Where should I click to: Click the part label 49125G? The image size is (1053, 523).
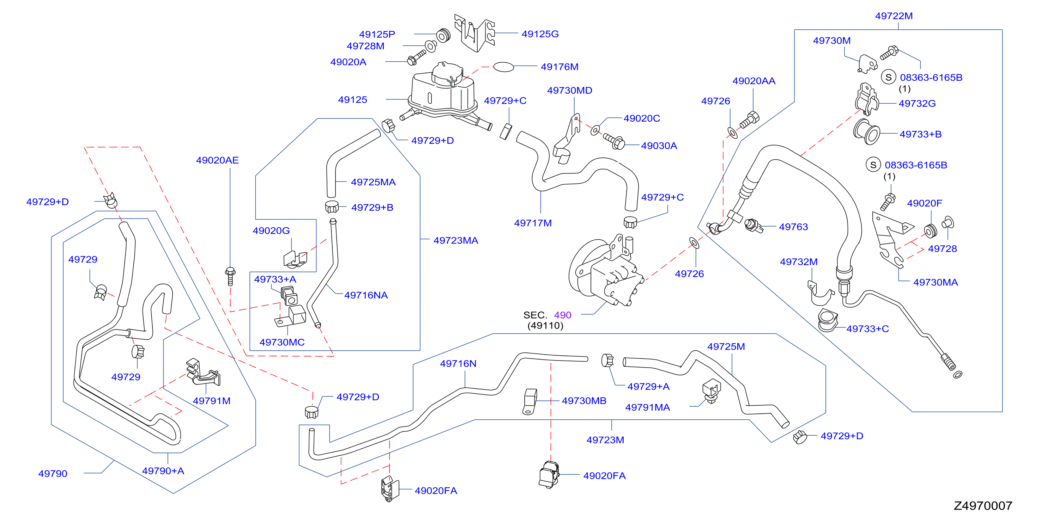[x=540, y=34]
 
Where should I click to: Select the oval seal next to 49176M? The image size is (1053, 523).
[x=504, y=67]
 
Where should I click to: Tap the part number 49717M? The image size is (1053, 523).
[x=533, y=223]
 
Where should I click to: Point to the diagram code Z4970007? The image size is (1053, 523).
[x=983, y=506]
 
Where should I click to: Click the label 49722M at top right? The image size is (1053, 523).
[x=894, y=16]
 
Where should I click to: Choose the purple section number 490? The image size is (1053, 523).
[x=562, y=315]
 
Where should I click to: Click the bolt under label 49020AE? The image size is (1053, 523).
[x=230, y=276]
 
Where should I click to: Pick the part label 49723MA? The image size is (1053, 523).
[x=456, y=240]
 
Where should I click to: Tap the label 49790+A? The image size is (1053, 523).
[x=163, y=471]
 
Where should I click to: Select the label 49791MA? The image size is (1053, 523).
[x=647, y=407]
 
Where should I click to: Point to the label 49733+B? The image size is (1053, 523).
[x=921, y=134]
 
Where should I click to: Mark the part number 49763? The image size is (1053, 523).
[x=793, y=227]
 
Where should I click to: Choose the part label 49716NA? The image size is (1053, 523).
[x=366, y=295]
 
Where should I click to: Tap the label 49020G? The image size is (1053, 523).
[x=271, y=231]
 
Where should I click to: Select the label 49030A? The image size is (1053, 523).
[x=659, y=146]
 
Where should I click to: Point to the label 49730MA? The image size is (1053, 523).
[x=935, y=282]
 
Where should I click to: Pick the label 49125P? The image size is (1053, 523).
[x=377, y=34]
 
